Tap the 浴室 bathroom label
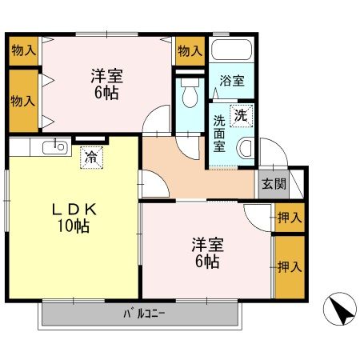(232, 81)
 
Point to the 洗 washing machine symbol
(240, 115)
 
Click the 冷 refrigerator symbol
(94, 157)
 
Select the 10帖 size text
(73, 226)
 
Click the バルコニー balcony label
(144, 313)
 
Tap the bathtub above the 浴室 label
(232, 51)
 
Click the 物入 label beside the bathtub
(190, 51)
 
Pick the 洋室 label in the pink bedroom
(206, 244)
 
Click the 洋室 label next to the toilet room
(105, 76)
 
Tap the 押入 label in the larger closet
(289, 266)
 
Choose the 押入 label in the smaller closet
(289, 217)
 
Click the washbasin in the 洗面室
(246, 147)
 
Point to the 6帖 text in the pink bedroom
(206, 261)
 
